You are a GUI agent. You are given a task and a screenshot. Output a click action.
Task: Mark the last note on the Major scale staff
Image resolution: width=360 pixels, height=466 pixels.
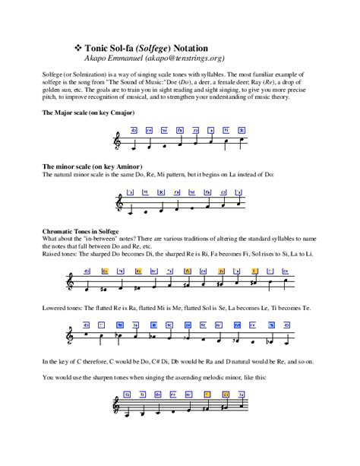242,140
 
